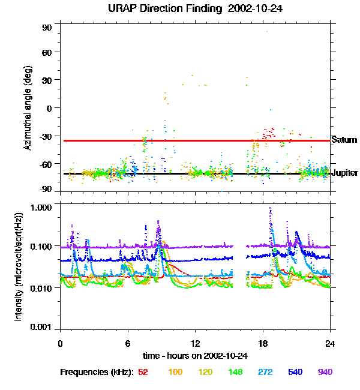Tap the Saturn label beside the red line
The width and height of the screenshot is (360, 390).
[x=344, y=140]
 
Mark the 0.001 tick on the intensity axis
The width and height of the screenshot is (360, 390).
[x=41, y=328]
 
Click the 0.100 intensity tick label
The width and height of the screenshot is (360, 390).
[x=41, y=247]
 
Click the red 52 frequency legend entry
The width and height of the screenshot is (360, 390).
[x=143, y=373]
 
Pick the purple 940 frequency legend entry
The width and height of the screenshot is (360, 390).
[x=325, y=373]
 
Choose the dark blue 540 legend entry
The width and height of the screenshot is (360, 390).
[x=295, y=373]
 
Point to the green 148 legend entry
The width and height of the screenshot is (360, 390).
[x=235, y=373]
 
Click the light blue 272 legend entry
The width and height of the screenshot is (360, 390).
[x=265, y=373]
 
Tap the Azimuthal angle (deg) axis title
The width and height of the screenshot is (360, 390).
[x=27, y=108]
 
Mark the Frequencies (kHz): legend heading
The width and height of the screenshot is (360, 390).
[x=97, y=373]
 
